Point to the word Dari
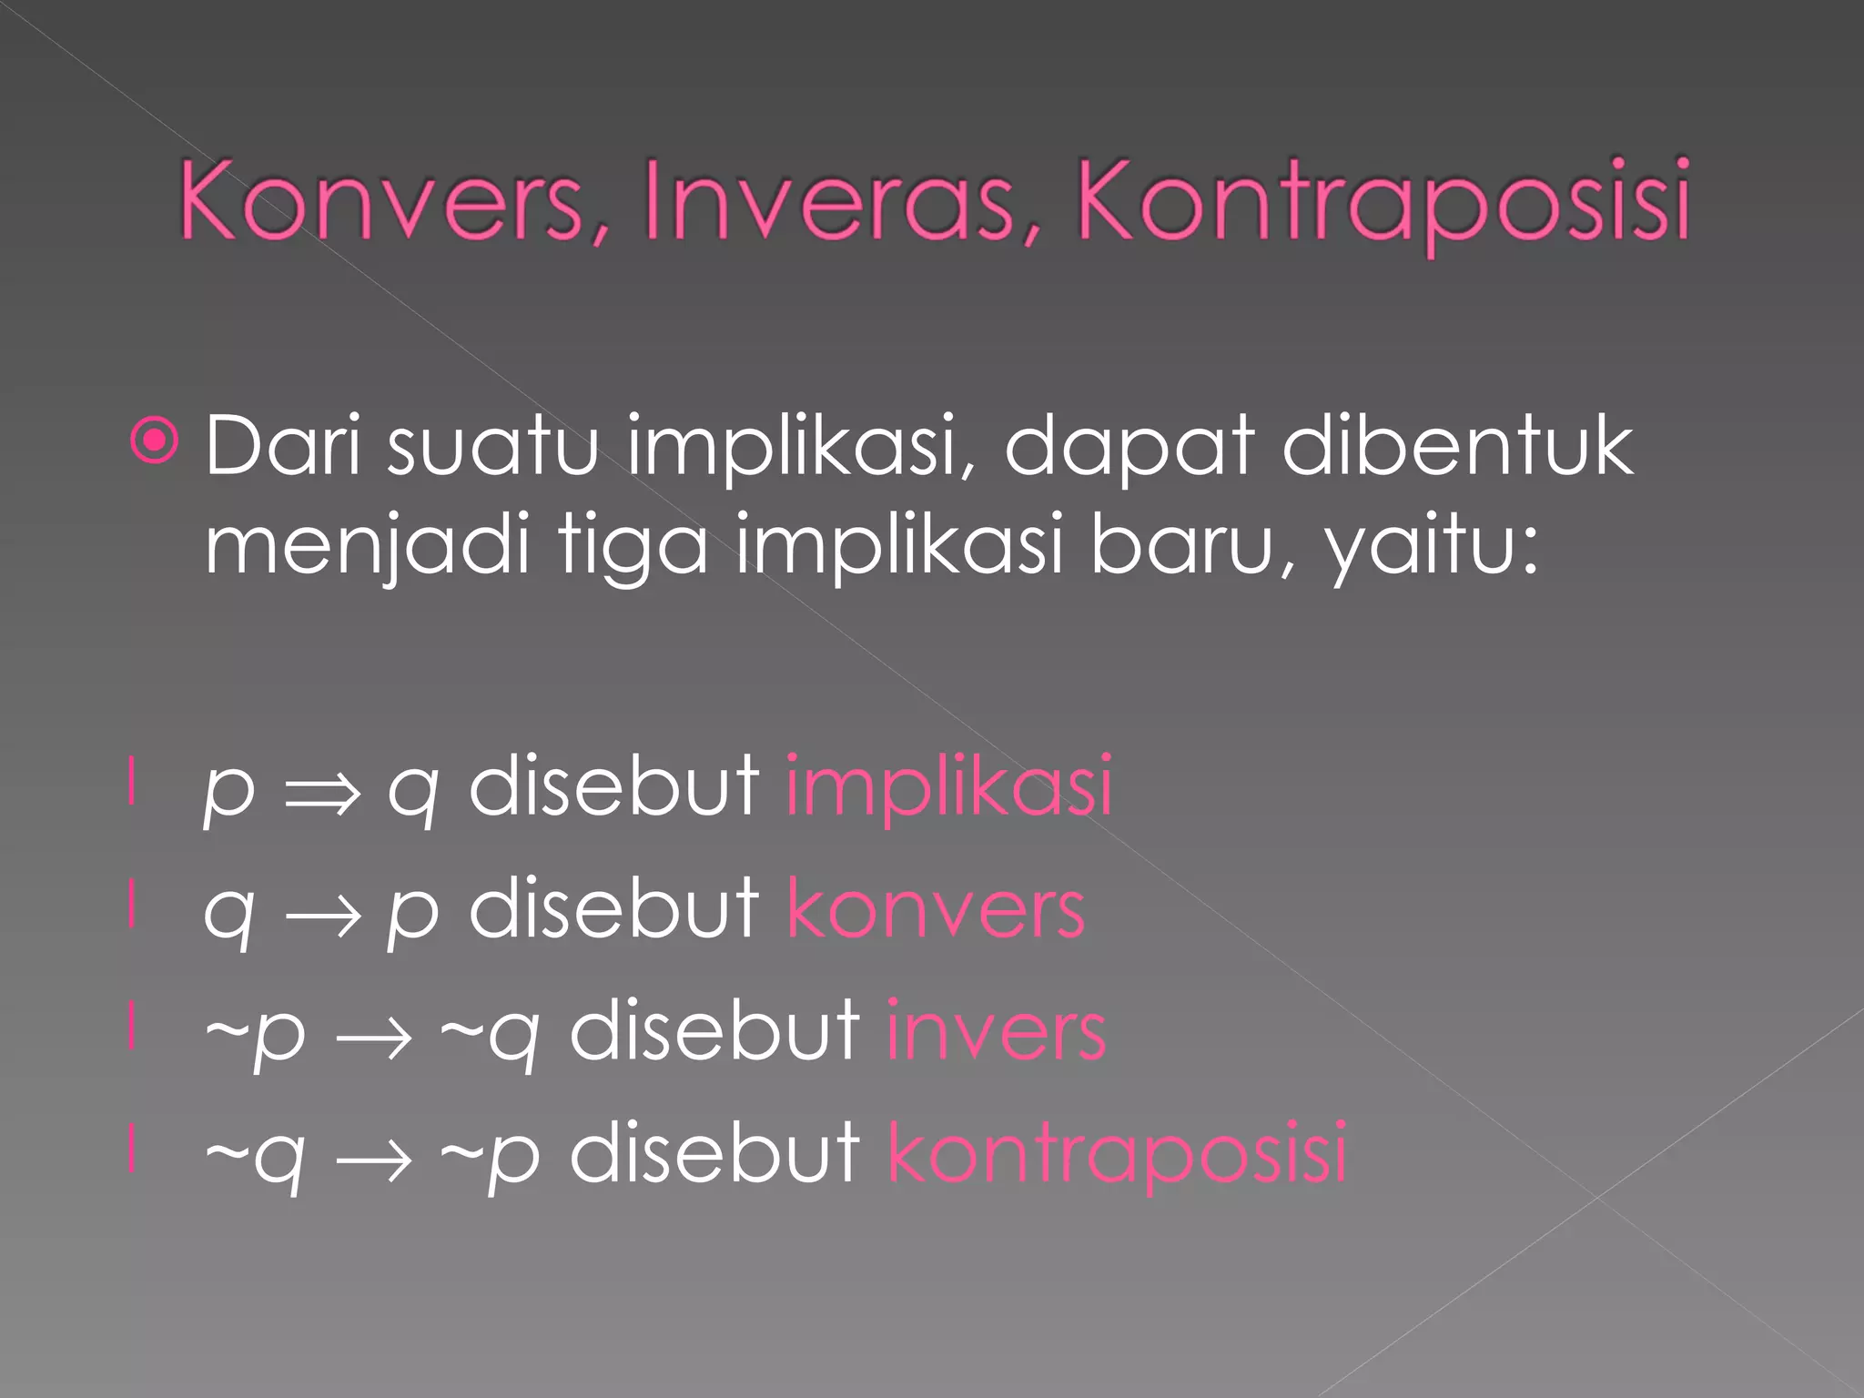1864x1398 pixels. click(283, 446)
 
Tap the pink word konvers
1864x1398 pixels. click(936, 908)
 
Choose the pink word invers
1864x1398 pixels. click(996, 1031)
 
